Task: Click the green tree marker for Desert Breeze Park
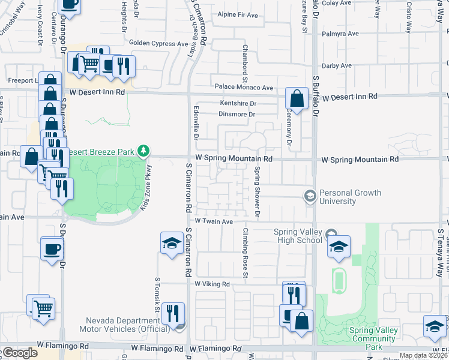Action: tap(143, 149)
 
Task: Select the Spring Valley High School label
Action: tap(298, 236)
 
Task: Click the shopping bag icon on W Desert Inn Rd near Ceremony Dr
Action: tap(297, 98)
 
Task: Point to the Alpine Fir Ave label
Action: tap(237, 14)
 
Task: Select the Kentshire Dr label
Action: tap(238, 103)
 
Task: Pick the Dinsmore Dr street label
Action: tap(237, 114)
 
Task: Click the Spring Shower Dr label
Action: tap(256, 191)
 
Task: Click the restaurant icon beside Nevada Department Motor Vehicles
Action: tap(172, 313)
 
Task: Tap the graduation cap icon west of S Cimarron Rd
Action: tap(172, 243)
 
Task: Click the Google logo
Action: tap(20, 353)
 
